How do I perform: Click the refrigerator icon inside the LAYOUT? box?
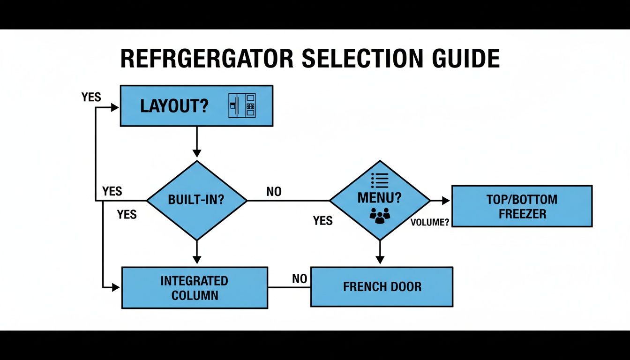point(242,105)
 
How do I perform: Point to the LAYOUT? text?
point(174,106)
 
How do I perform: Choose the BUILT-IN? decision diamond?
point(196,200)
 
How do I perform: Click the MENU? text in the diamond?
point(379,198)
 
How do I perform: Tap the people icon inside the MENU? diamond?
point(380,215)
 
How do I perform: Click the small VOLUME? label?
point(430,223)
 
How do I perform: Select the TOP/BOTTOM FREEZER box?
point(522,206)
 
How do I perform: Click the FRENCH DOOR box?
point(382,286)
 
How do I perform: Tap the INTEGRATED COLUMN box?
point(195,288)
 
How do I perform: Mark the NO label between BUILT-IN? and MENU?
point(274,192)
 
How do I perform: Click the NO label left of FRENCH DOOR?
point(300,279)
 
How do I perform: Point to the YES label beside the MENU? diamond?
point(323,220)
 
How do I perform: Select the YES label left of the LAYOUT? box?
point(91,97)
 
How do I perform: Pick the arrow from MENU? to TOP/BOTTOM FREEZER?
point(440,201)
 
